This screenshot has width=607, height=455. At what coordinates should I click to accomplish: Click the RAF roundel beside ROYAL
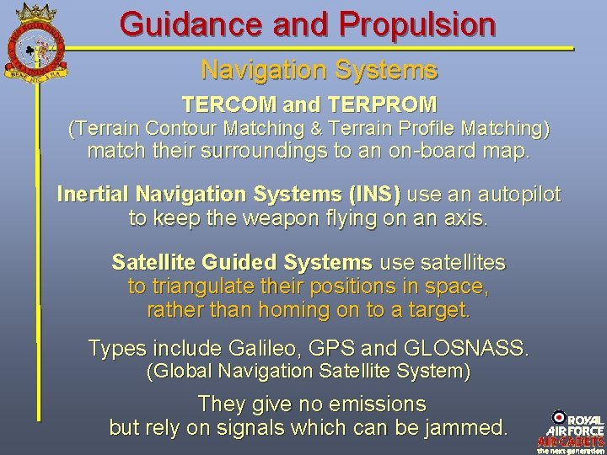pyautogui.click(x=558, y=418)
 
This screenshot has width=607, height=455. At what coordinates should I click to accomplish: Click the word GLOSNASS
pyautogui.click(x=467, y=347)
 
